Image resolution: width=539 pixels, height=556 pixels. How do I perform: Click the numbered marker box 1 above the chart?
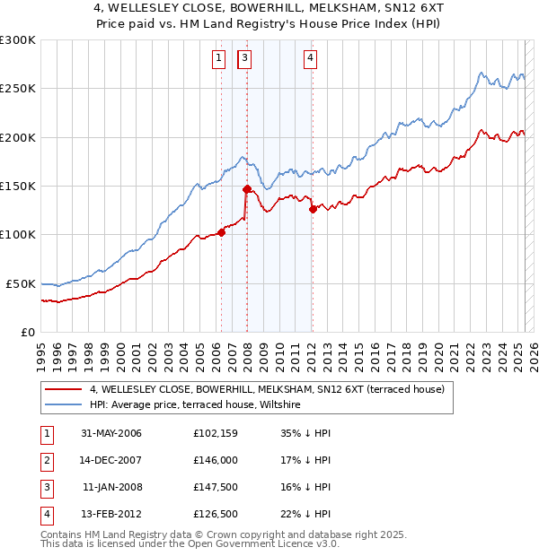click(218, 59)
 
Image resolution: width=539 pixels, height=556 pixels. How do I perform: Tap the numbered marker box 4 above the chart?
click(310, 59)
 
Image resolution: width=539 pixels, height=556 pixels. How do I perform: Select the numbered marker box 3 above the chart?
click(244, 59)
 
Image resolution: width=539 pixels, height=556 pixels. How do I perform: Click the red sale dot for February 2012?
click(313, 209)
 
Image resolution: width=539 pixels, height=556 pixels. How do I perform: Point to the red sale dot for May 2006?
click(221, 233)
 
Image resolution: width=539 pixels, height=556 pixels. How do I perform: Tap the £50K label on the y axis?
click(21, 283)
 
